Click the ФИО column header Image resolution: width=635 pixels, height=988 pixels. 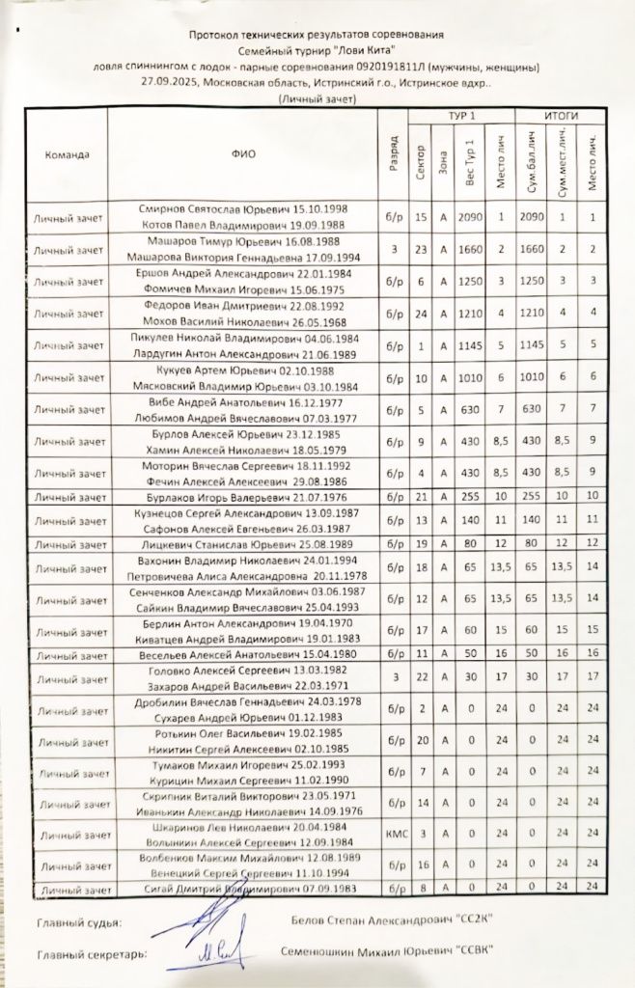coord(244,154)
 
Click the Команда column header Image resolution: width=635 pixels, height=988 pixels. coord(66,154)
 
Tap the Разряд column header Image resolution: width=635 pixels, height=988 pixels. coord(394,154)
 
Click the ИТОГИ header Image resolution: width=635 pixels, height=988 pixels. coord(561,115)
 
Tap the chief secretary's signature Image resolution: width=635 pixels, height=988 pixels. coord(207,954)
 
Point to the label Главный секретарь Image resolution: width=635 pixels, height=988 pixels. coord(92,954)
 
